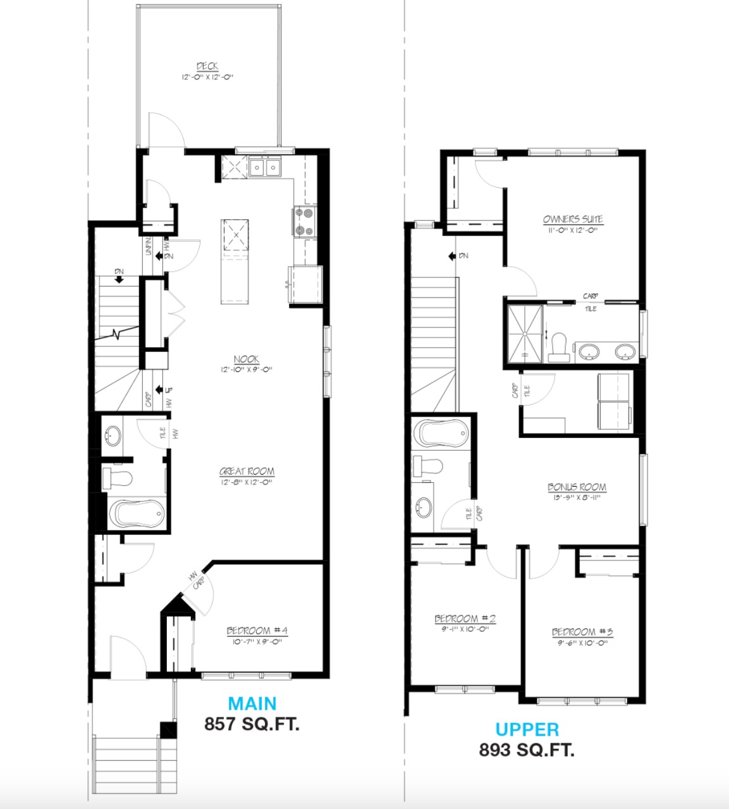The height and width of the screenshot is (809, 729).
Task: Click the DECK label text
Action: coord(207,66)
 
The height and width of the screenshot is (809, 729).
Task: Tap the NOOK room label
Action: coord(246,359)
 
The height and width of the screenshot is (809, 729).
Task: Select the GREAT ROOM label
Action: coord(247,471)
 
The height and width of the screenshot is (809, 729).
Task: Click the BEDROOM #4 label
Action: coord(257,631)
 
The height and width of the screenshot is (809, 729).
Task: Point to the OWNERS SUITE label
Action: coord(573,219)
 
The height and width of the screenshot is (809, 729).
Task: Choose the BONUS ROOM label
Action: coord(577,487)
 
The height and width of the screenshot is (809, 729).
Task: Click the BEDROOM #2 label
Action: coord(465,619)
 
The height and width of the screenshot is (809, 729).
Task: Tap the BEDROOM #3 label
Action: coord(582,632)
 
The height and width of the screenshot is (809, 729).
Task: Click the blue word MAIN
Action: coord(252,703)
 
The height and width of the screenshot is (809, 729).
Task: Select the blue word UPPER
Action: coord(527,729)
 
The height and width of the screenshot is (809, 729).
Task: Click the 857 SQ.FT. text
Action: coord(252,724)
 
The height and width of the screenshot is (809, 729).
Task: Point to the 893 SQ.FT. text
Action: coord(527,750)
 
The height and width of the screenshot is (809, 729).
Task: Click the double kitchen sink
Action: coord(265,167)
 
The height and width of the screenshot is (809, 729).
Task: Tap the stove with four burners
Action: coord(303,222)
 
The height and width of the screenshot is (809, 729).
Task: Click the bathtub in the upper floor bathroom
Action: coord(442,434)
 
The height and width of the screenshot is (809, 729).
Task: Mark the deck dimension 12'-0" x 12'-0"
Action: coord(207,77)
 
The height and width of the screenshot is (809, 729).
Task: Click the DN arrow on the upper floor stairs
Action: coord(453,256)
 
